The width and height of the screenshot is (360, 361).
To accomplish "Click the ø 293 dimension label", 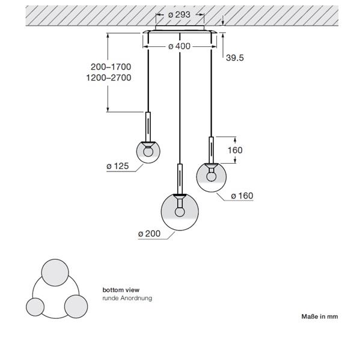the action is [179, 14].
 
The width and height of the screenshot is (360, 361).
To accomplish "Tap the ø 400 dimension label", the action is [179, 46].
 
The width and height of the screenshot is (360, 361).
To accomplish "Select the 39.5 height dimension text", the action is [234, 58].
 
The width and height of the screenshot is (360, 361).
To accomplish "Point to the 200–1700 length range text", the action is [111, 67].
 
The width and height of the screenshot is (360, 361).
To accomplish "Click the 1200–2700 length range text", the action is [109, 78].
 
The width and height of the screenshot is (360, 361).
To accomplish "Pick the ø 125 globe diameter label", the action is [118, 166].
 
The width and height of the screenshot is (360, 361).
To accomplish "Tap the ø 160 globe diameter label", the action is [242, 196].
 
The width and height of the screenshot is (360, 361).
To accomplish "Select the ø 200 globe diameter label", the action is [149, 233].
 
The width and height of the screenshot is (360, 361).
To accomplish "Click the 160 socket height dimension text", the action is [235, 150].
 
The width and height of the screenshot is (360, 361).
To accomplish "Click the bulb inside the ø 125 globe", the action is [148, 152].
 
